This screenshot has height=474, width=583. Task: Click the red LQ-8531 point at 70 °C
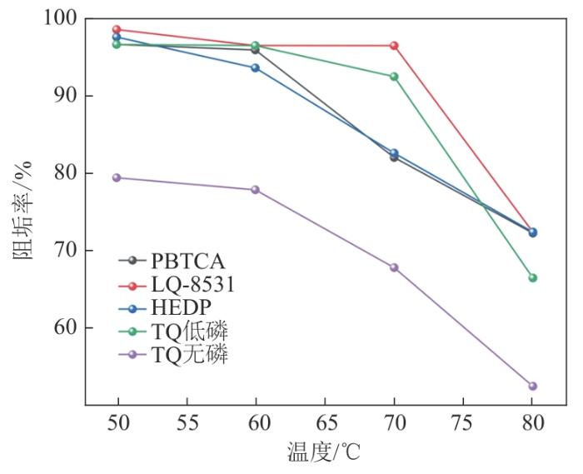394,46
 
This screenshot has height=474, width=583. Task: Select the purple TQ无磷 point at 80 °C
532,386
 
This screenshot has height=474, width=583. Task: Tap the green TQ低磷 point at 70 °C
394,77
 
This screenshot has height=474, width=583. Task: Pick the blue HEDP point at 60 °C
255,68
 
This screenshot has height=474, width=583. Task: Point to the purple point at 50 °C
117,177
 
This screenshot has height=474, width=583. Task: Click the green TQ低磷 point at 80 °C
532,277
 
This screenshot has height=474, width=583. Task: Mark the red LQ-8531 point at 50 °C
117,29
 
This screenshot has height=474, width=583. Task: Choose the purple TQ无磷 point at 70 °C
394,267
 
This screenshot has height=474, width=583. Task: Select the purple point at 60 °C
255,190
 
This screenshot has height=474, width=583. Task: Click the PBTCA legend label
187,262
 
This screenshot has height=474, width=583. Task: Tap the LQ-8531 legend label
193,285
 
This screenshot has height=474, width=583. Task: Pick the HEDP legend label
181,308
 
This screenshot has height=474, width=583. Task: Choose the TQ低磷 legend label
189,331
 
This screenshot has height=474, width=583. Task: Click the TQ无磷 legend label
189,354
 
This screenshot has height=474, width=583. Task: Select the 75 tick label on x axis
463,423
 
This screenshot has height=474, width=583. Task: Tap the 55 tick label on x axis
187,423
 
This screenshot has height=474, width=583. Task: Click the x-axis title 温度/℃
324,452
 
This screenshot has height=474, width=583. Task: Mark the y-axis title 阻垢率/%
23,211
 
